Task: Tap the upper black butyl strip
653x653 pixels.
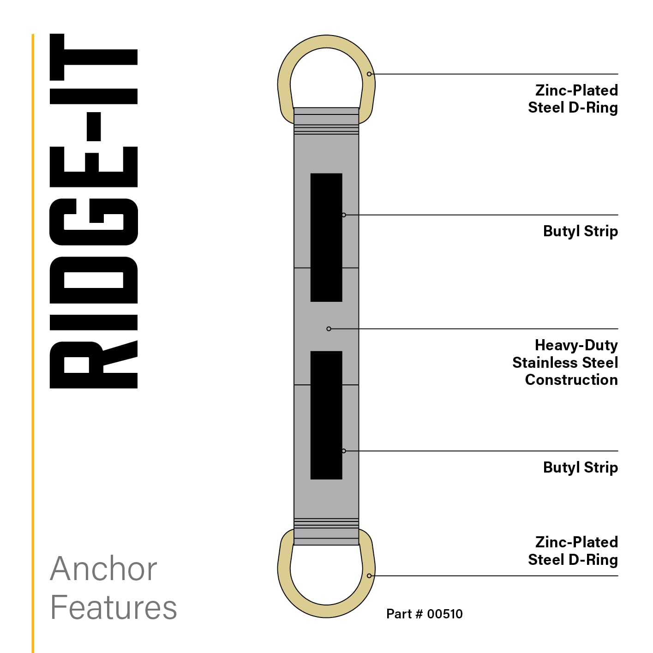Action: (x=326, y=237)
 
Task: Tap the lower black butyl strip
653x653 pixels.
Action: (x=326, y=415)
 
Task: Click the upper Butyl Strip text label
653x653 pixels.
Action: (x=580, y=231)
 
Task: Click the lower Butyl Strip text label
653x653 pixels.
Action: (x=580, y=467)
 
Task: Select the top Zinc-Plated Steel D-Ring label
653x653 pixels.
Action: (x=573, y=99)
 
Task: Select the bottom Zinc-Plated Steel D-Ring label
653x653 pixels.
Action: (x=573, y=551)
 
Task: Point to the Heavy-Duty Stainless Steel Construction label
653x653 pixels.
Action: (x=565, y=362)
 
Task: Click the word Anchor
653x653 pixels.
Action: (x=103, y=569)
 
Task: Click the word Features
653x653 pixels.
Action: (x=114, y=607)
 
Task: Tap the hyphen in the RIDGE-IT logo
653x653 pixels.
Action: (x=94, y=126)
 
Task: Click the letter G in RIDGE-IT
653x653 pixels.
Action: (x=94, y=222)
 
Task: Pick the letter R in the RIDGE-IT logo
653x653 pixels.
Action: (x=94, y=365)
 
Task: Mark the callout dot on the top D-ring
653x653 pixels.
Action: (x=369, y=74)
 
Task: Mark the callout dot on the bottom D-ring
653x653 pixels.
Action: (x=369, y=575)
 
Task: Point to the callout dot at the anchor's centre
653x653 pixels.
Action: (x=329, y=329)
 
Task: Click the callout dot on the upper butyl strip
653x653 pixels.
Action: (x=344, y=215)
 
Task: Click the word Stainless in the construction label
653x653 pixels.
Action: (x=545, y=363)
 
